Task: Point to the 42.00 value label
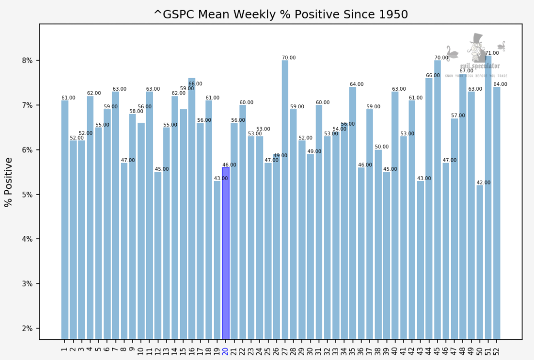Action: point(484,183)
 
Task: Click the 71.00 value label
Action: point(492,53)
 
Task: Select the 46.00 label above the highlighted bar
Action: point(229,165)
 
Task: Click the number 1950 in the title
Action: point(392,14)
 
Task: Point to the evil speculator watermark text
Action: point(479,66)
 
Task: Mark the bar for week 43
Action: point(420,259)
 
